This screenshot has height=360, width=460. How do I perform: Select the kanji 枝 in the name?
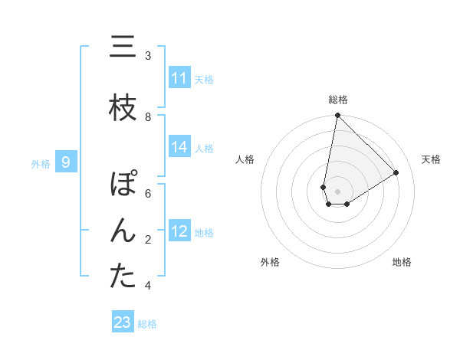[x=122, y=109]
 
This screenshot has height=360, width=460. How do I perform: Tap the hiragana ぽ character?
[x=123, y=185]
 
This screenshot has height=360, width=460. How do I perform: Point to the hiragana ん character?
[x=122, y=231]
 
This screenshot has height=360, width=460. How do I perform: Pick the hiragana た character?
[x=122, y=277]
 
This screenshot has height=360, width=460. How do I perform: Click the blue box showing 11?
[x=179, y=78]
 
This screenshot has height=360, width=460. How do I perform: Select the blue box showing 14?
[x=179, y=147]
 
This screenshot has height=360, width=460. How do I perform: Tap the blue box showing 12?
[x=179, y=231]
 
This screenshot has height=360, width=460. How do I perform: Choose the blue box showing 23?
[x=123, y=322]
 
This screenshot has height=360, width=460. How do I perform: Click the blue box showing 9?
[x=66, y=162]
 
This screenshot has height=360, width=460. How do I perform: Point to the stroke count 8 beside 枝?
[x=148, y=116]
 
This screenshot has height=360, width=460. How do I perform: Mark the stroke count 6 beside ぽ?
[x=148, y=193]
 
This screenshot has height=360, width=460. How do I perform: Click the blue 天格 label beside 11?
[x=203, y=79]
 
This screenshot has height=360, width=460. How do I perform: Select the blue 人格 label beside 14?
[x=203, y=148]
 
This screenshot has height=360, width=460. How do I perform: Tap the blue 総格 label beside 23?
[x=147, y=323]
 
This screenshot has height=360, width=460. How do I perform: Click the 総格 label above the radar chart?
[x=338, y=100]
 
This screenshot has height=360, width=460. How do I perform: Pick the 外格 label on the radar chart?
[x=270, y=262]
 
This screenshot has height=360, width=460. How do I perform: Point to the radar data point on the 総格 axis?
[x=337, y=116]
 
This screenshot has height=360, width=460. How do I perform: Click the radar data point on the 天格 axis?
[x=396, y=172]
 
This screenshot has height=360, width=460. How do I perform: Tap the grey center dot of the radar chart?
[x=337, y=191]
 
